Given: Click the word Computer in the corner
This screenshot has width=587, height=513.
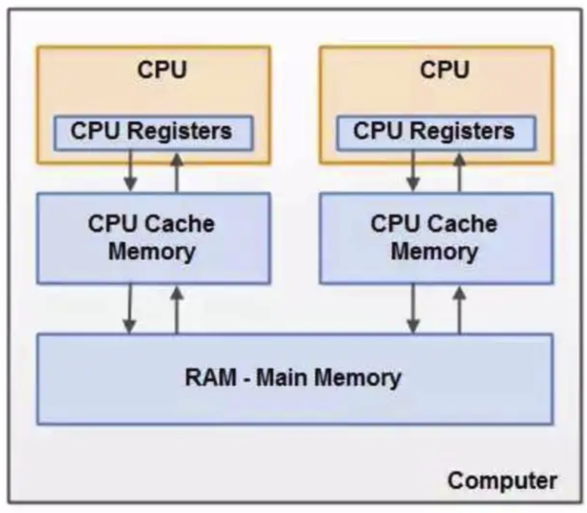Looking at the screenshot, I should tap(502, 481).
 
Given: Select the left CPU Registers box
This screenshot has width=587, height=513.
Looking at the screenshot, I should tap(153, 132).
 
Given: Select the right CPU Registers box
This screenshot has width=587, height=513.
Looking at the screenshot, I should tap(436, 132).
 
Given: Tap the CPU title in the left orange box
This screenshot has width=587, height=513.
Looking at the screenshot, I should tap(162, 69).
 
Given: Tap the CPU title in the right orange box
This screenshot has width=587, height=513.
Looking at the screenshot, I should tap(444, 69).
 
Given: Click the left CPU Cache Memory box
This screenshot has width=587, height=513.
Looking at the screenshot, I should tap(153, 238).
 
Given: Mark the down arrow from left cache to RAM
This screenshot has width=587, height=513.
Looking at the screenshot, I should tap(130, 309).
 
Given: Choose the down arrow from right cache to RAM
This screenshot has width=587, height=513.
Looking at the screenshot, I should tap(413, 309).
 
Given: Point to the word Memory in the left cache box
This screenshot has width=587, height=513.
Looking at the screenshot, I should tap(152, 252).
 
